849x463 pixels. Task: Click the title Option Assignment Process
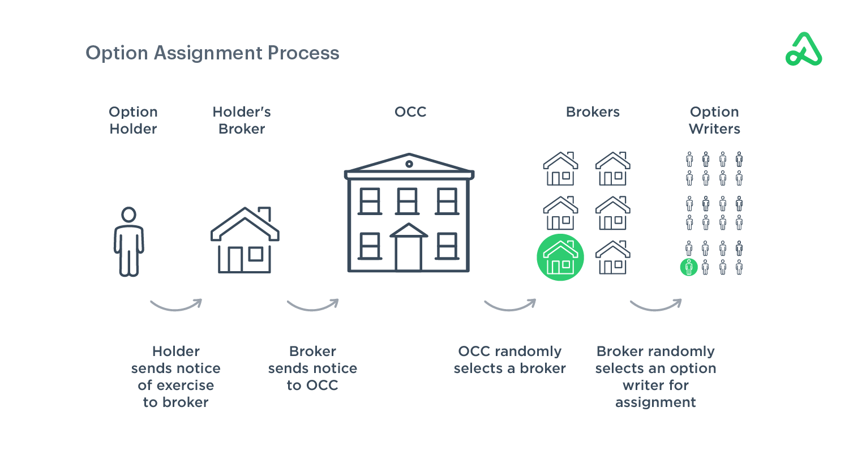(212, 53)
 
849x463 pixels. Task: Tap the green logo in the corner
(804, 49)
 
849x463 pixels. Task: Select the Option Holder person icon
(129, 242)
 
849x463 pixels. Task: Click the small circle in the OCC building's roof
(409, 164)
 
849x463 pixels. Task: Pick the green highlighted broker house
(560, 258)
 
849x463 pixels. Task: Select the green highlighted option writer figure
(689, 267)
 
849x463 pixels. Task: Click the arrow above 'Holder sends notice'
(176, 305)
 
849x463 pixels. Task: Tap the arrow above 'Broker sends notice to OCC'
(312, 305)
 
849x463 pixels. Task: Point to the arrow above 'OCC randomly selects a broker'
(510, 305)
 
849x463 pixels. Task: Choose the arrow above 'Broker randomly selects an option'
(655, 305)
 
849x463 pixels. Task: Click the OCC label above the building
(410, 112)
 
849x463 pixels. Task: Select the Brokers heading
(593, 112)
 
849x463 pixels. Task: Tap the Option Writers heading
(714, 120)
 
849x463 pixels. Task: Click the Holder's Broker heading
(242, 120)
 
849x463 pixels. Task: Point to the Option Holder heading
(133, 120)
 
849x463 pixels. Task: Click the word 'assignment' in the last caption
(655, 402)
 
